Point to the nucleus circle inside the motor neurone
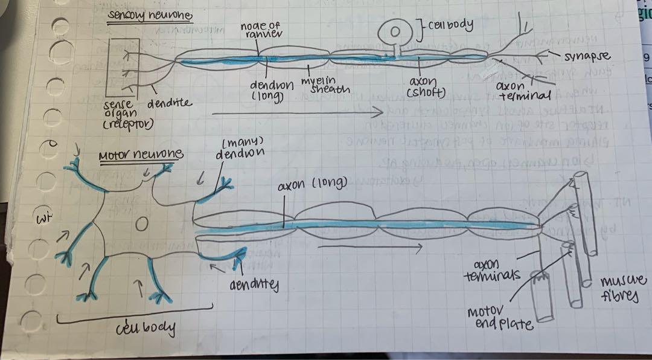[x=141, y=224]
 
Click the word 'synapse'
[x=587, y=56]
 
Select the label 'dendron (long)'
[x=272, y=90]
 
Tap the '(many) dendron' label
[x=240, y=148]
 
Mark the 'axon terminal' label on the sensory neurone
[x=523, y=91]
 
